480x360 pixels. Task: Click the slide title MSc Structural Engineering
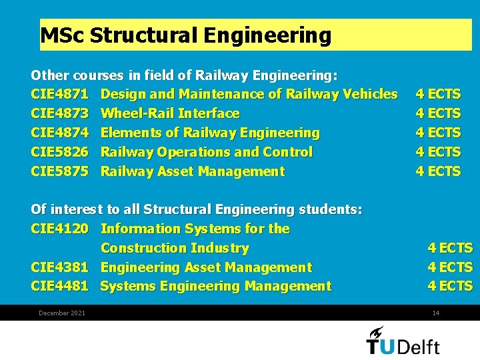pos(185,35)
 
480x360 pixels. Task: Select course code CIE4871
pos(59,94)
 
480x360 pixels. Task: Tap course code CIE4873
pos(59,113)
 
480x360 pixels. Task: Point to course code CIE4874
pos(59,133)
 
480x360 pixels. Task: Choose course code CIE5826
pos(59,152)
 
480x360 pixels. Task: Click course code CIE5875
pos(59,171)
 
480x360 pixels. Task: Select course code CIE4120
pos(59,229)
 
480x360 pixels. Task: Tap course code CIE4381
pos(59,267)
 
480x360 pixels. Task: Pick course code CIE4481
pos(59,287)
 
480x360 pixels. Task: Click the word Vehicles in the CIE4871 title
pos(370,94)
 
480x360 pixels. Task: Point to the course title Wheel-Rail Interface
pos(170,113)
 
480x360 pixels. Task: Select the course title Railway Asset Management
pos(192,171)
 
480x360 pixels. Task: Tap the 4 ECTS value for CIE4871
pos(438,94)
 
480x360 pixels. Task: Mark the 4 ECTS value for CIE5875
pos(438,171)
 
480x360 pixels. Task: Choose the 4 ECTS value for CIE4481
pos(450,287)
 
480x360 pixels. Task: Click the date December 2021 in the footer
pos(62,313)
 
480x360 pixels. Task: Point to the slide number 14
pos(436,313)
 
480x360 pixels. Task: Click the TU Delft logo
pos(403,340)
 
